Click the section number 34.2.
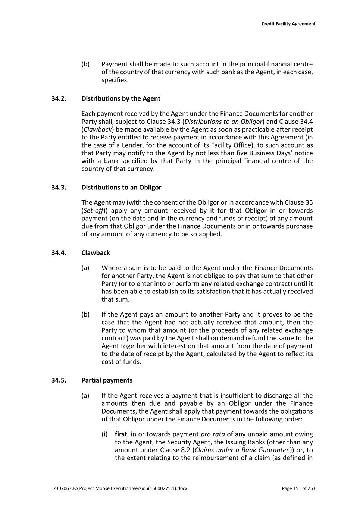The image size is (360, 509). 59,98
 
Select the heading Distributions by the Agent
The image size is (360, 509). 121,98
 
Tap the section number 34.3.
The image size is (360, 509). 59,187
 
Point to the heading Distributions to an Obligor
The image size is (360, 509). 121,187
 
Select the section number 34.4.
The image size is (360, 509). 59,252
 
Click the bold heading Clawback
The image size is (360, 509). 96,252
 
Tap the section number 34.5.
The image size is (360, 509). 59,380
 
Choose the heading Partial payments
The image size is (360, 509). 107,380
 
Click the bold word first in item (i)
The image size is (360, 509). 120,434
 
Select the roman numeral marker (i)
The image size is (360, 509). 105,434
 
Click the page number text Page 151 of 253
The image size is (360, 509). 298,488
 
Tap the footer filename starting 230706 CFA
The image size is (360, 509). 120,488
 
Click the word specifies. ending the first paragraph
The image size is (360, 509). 115,80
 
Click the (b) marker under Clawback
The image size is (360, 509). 85,314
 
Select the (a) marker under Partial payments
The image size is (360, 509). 85,395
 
